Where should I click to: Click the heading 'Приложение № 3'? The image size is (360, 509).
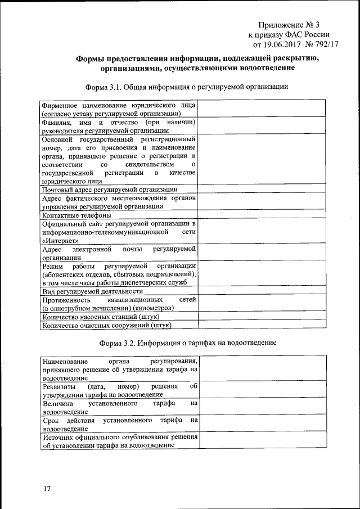289,24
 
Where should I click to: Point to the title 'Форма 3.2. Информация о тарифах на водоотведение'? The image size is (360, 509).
187,343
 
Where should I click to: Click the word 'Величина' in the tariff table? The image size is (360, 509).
58,403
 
